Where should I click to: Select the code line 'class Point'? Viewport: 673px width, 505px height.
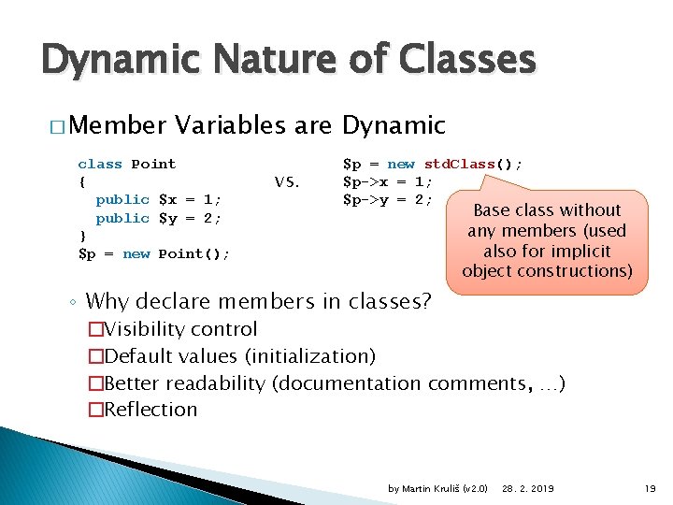126,164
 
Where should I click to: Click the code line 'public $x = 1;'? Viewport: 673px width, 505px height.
158,199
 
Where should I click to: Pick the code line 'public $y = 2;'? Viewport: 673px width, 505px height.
158,218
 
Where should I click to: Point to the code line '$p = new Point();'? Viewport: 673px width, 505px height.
154,253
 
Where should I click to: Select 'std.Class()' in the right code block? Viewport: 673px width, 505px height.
473,164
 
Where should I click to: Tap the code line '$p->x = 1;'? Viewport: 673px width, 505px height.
387,181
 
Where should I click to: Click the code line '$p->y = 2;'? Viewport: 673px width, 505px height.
387,199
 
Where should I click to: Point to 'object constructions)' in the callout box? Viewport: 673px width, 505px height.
547,271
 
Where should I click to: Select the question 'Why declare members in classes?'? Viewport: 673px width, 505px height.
258,301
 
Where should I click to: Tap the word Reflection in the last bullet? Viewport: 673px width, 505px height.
150,409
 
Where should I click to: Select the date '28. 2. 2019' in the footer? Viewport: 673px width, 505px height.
527,489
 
